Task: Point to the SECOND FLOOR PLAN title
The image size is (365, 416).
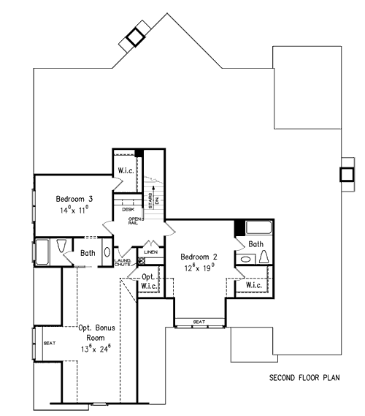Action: (x=306, y=379)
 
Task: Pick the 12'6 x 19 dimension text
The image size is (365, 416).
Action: (x=200, y=268)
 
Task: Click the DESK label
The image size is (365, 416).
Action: (x=128, y=209)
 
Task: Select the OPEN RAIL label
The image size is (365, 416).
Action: (x=134, y=220)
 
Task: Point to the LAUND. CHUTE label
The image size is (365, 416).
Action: (x=123, y=262)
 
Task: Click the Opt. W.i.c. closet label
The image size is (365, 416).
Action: (x=149, y=281)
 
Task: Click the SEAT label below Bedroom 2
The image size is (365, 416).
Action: (x=199, y=322)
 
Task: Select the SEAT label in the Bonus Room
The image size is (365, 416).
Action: (x=50, y=343)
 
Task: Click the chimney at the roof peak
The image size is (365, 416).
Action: (x=134, y=37)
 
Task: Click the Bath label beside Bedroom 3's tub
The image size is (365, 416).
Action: (x=88, y=254)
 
